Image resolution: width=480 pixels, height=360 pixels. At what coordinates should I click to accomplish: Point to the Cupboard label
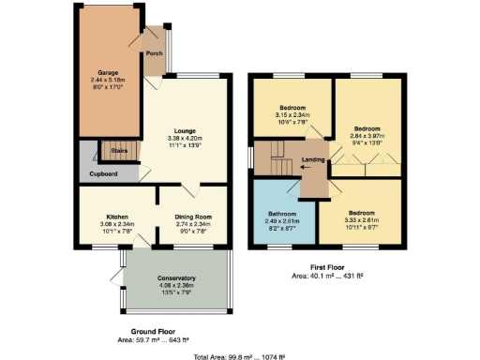[104, 173]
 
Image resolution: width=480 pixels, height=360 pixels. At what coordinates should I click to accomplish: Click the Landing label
[313, 159]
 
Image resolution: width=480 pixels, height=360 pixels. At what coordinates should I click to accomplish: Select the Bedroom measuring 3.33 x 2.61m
[362, 212]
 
